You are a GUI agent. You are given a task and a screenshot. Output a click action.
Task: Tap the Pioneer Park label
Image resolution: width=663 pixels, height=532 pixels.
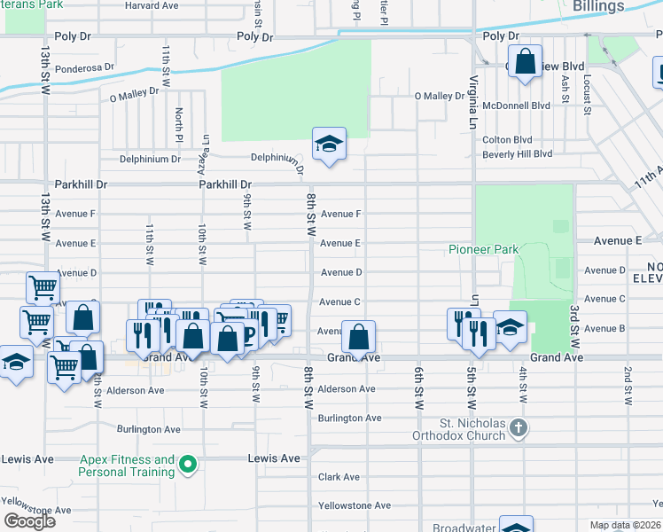tap(483, 250)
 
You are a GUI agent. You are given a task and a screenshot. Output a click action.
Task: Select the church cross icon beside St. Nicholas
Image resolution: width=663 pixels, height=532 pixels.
tap(519, 430)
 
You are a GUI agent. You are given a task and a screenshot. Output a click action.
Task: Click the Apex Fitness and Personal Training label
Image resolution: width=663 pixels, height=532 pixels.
tap(127, 465)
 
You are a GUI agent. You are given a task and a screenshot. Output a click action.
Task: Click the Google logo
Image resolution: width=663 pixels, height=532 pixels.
tap(29, 521)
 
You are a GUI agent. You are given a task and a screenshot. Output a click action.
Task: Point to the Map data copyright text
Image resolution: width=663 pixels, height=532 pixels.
tap(626, 525)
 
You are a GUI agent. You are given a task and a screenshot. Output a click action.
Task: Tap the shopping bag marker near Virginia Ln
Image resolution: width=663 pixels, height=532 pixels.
tap(525, 62)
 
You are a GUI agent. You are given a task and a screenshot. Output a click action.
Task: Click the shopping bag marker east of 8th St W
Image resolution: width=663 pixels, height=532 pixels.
tap(358, 338)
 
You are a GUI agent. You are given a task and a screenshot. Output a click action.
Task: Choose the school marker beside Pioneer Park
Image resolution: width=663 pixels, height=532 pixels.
tap(510, 327)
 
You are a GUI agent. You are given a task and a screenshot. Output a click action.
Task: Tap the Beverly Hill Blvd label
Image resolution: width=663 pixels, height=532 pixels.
tap(517, 154)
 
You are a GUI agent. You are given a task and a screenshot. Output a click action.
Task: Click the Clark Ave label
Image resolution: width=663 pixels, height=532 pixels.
tap(338, 477)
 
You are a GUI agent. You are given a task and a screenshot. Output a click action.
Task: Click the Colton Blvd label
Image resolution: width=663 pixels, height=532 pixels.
tap(506, 140)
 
